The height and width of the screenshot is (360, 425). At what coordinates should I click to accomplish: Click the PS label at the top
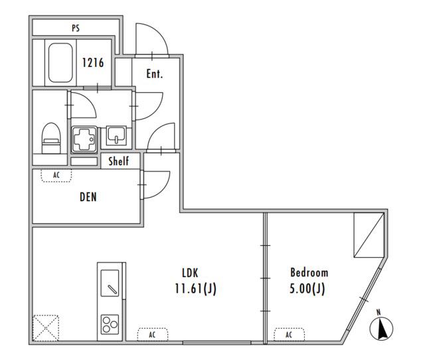(76, 28)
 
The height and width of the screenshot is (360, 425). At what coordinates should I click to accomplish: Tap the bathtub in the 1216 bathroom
(60, 62)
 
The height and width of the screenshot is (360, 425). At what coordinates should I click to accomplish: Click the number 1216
(93, 62)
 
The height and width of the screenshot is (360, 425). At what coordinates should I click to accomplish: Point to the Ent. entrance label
(155, 74)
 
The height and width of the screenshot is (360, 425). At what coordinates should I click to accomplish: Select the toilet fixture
(51, 138)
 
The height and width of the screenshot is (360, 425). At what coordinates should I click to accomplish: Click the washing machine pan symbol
(84, 139)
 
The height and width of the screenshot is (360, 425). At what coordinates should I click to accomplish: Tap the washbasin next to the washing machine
(116, 135)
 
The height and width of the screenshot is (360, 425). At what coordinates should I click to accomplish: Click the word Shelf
(118, 161)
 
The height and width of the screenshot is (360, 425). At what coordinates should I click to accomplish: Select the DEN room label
(88, 197)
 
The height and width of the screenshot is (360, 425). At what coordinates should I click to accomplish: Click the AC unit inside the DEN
(56, 175)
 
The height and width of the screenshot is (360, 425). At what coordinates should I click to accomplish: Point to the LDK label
(190, 273)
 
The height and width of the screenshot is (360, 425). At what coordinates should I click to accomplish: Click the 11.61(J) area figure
(195, 288)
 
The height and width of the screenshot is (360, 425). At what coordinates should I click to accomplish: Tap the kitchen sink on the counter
(110, 283)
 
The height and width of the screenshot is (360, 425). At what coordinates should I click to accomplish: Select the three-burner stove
(110, 324)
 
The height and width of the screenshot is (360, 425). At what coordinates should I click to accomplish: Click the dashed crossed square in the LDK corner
(46, 327)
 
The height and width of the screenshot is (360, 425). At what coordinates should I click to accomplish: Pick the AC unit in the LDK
(152, 335)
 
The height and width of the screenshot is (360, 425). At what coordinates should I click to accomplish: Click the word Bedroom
(309, 272)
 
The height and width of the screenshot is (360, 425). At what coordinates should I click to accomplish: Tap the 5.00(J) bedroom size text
(307, 288)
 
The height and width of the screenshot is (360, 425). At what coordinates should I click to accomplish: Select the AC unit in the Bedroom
(289, 335)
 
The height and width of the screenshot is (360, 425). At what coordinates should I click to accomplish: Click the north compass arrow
(381, 328)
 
